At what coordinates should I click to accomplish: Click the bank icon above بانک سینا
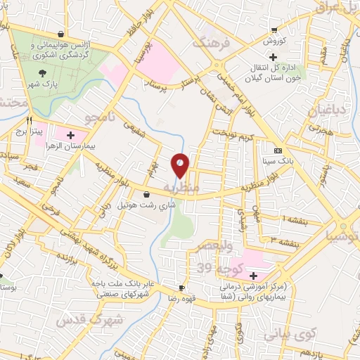[278, 150]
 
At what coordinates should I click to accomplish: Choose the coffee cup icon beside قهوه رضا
[181, 288]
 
